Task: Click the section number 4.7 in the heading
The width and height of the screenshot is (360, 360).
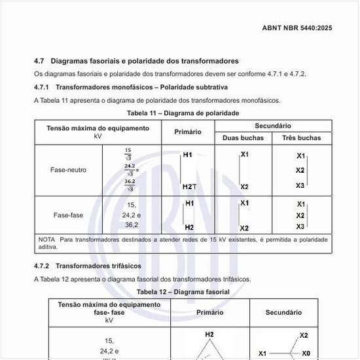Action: [39, 61]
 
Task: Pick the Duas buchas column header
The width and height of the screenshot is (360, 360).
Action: [243, 138]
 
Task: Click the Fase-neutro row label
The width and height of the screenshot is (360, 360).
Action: [68, 170]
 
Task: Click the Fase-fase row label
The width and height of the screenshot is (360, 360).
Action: [68, 215]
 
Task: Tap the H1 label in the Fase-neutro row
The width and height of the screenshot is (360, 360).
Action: [188, 155]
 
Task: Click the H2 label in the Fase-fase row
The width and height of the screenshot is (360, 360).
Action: [189, 227]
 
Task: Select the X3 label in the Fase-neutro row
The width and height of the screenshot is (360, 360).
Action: [300, 185]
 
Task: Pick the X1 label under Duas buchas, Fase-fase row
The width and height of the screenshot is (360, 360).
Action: [244, 203]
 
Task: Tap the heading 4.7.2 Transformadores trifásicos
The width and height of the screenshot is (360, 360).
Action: [88, 266]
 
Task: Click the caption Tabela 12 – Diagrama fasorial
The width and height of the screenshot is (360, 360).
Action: [183, 291]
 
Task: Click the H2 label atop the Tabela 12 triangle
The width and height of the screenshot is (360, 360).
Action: [209, 334]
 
